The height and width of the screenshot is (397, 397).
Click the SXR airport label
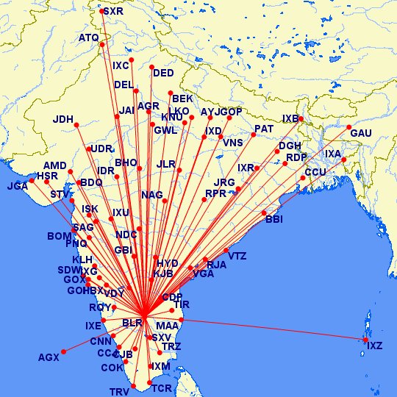[113, 11]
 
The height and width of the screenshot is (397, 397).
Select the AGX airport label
[49, 358]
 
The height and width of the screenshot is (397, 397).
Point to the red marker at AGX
[64, 351]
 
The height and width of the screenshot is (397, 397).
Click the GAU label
[360, 133]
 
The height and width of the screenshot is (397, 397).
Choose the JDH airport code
[63, 119]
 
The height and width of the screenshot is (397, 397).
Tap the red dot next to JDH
[77, 126]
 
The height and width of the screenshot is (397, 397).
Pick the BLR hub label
[132, 323]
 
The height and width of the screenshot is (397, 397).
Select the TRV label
[119, 391]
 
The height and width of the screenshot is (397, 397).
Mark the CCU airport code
[315, 172]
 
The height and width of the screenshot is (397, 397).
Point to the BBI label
[273, 219]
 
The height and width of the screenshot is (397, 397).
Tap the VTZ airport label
[237, 256]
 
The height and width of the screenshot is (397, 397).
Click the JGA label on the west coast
[17, 186]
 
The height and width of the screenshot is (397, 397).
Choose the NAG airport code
[151, 195]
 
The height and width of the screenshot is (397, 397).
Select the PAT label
[263, 129]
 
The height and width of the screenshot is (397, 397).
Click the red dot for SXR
[101, 11]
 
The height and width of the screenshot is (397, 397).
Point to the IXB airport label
[291, 118]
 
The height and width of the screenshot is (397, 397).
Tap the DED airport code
[163, 73]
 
